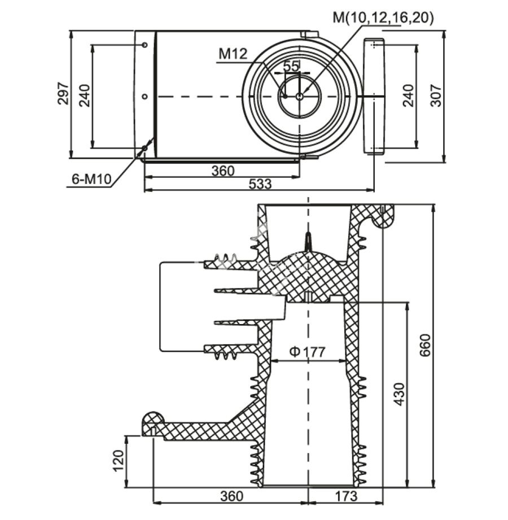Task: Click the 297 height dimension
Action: point(63,94)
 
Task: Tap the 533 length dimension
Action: point(260,184)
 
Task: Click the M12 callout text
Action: point(233,54)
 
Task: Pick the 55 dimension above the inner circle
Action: point(291,65)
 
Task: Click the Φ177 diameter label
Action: point(308,352)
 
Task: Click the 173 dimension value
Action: point(345,496)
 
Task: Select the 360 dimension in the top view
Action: point(222,171)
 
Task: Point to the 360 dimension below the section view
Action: point(231,496)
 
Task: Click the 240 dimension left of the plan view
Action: point(84,95)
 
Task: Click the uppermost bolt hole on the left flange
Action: point(144,45)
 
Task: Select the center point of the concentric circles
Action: point(299,97)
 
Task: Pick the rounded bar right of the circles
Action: point(373,97)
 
